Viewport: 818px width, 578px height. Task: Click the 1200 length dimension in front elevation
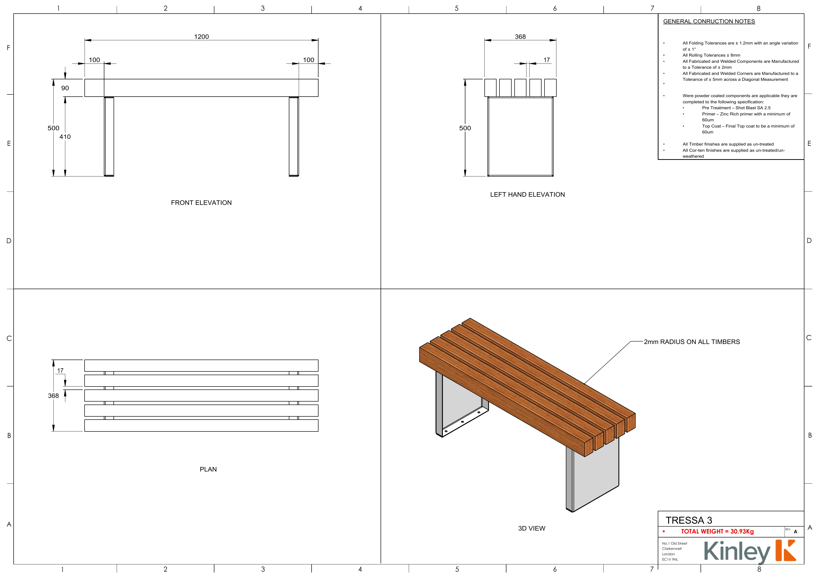point(201,37)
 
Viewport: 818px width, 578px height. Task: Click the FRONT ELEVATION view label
point(201,203)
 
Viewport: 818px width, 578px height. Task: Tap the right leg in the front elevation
point(294,136)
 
